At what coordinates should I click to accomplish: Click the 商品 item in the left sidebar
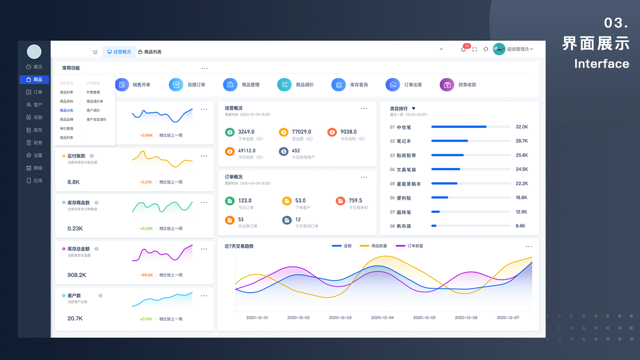tap(34, 79)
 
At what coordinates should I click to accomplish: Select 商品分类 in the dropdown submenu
tap(67, 110)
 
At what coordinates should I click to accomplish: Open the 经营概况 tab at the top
tap(119, 52)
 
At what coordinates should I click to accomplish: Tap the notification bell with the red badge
tap(463, 49)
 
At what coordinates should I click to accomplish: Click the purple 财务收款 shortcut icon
tap(446, 85)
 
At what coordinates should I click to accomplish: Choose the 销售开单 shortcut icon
tap(122, 85)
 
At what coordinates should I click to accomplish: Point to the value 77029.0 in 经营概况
tap(301, 131)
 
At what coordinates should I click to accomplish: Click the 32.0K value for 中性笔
tap(521, 127)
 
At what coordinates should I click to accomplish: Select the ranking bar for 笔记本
tap(449, 141)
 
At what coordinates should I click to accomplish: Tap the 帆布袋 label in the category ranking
tap(404, 226)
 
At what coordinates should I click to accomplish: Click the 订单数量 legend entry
tap(415, 246)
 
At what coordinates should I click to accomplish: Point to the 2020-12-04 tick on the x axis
tap(382, 317)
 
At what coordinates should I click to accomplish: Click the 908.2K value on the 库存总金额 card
tap(77, 275)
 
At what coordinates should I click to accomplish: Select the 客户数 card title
tap(74, 295)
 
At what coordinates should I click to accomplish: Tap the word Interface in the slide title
tap(602, 64)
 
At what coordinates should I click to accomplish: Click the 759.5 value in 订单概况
tap(356, 200)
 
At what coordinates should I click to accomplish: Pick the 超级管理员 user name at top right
tap(518, 49)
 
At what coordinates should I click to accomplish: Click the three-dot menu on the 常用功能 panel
tap(205, 68)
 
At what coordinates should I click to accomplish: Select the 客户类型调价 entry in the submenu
tap(96, 119)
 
